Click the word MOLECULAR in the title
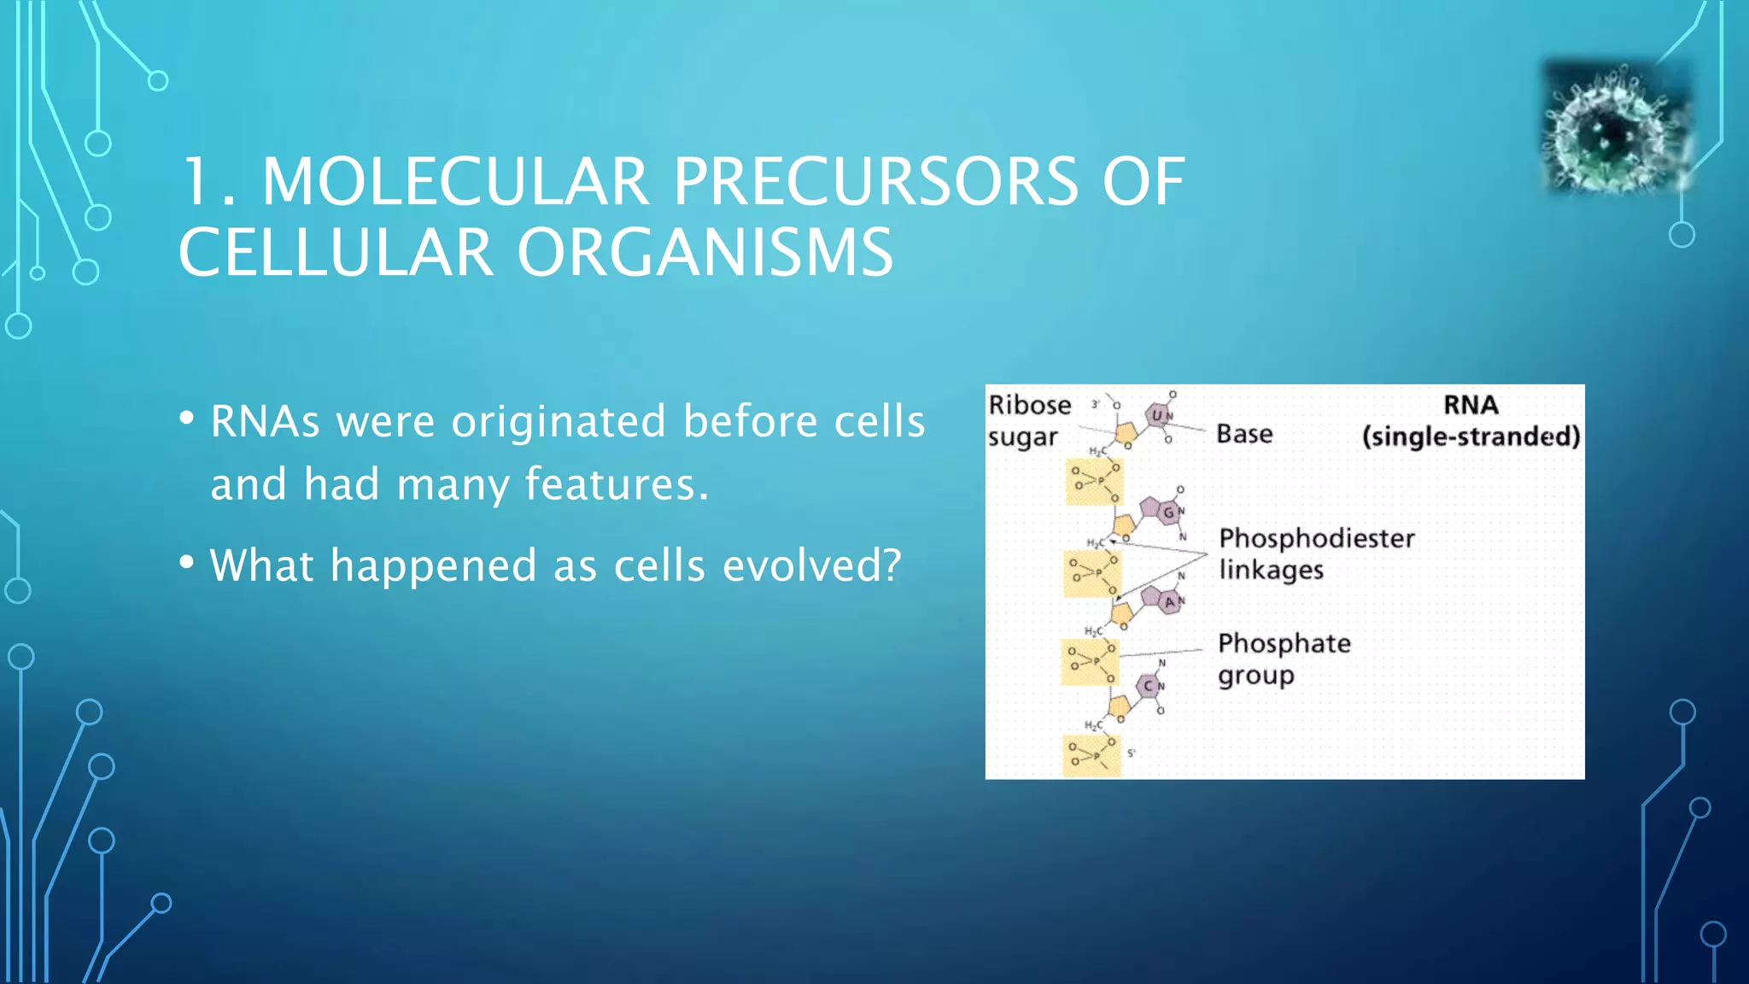point(454,182)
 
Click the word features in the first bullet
point(615,484)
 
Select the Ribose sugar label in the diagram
point(1028,420)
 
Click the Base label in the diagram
point(1244,434)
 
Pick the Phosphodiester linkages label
point(1315,553)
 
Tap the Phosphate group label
point(1284,659)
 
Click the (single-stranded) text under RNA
point(1471,436)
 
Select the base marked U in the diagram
point(1158,415)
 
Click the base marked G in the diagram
point(1167,512)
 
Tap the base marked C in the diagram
point(1149,686)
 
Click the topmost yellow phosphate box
point(1094,482)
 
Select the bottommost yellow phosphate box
point(1091,756)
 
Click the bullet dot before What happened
point(187,564)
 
